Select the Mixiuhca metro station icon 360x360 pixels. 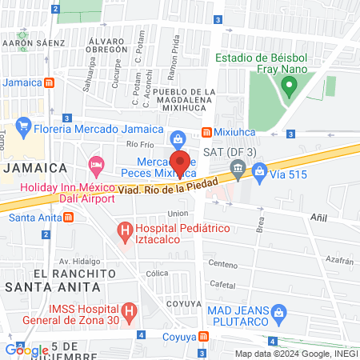206,131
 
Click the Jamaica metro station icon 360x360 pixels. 50,82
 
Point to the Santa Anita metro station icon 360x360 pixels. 69,217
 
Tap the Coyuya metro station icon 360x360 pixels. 206,336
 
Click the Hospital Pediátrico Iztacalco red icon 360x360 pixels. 124,232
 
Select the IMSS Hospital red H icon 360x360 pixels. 128,310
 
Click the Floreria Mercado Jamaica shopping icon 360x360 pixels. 23,125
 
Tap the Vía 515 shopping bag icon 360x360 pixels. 260,170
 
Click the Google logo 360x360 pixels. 26,350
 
